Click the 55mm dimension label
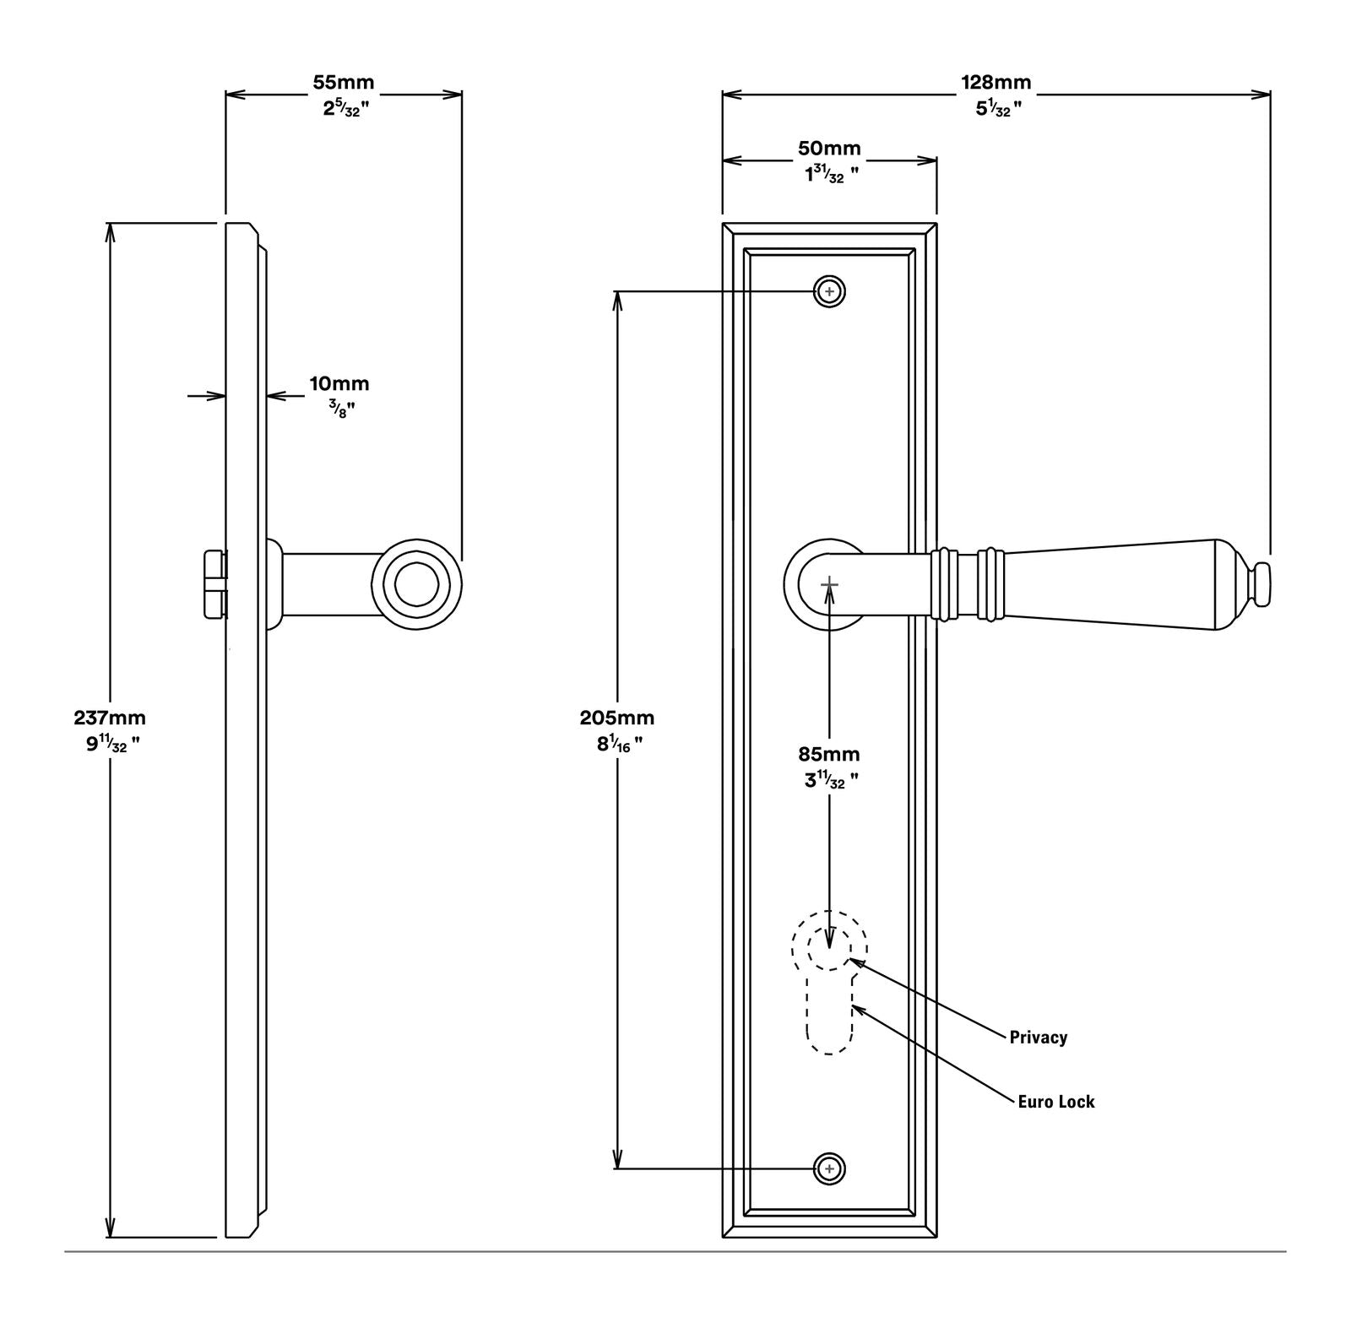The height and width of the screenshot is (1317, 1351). pyautogui.click(x=343, y=83)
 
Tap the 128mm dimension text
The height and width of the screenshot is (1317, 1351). pyautogui.click(x=996, y=83)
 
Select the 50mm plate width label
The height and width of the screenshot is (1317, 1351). pyautogui.click(x=829, y=149)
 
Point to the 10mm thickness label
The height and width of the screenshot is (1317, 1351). pyautogui.click(x=339, y=384)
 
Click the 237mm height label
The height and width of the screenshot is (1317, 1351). pyautogui.click(x=110, y=718)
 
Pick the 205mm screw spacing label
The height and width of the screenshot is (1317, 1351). pyautogui.click(x=616, y=718)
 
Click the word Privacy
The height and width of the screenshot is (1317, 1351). pyautogui.click(x=1038, y=1038)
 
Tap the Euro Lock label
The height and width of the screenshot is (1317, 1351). pyautogui.click(x=1055, y=1102)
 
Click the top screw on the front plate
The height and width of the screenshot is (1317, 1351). pyautogui.click(x=829, y=291)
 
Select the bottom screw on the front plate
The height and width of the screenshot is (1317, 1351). pyautogui.click(x=829, y=1169)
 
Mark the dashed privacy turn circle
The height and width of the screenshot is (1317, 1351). pyautogui.click(x=828, y=946)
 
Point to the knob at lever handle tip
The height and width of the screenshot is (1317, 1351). pyautogui.click(x=1261, y=583)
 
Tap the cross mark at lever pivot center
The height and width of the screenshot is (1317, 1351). pyautogui.click(x=829, y=583)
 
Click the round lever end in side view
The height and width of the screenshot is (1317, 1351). pyautogui.click(x=417, y=583)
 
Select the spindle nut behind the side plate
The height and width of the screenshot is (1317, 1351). pyautogui.click(x=215, y=583)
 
